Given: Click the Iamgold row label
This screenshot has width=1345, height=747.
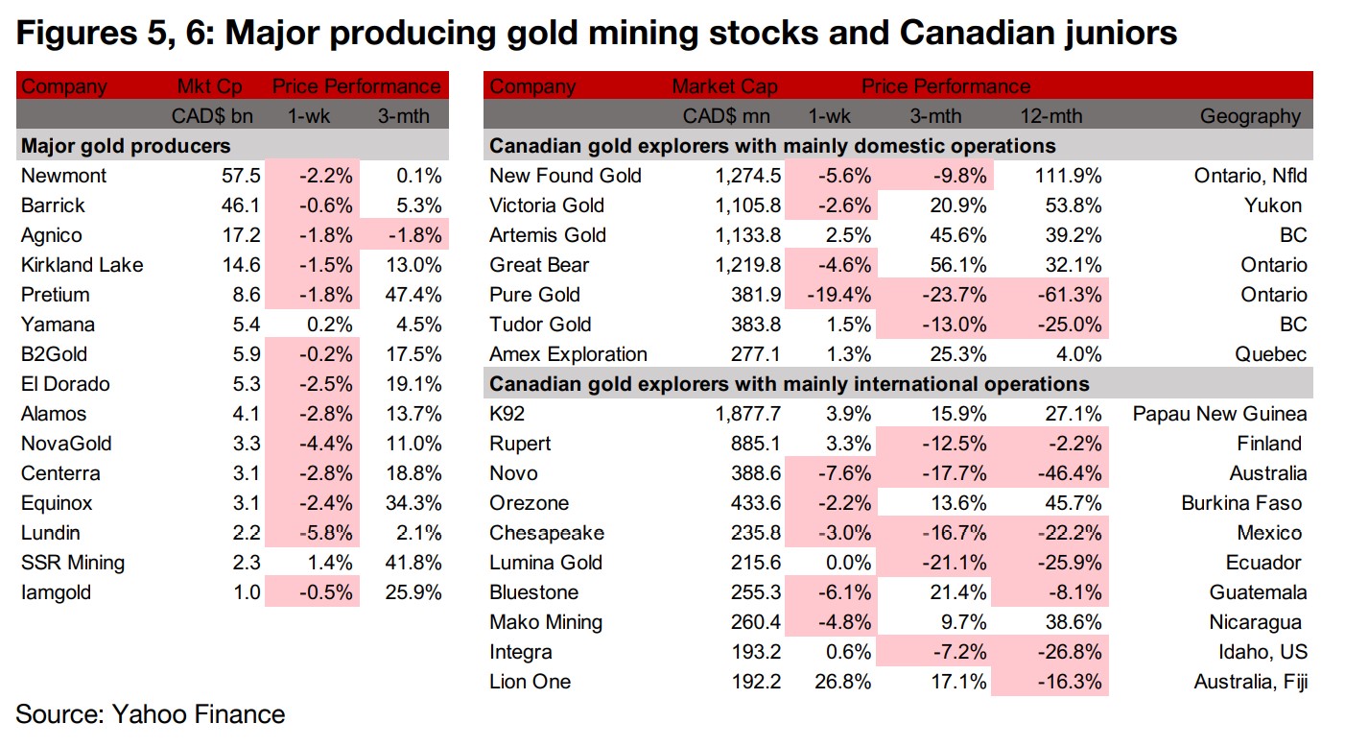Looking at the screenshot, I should pos(57,592).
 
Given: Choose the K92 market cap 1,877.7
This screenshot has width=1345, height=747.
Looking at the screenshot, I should pos(743,414).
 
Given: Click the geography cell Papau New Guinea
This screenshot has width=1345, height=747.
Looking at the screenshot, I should pos(1219,414).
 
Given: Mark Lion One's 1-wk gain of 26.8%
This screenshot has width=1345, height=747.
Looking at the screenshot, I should pos(841,682).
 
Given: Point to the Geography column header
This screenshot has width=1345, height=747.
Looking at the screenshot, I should pos(1250,117).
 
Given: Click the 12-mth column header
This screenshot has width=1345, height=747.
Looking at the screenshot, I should pos(1051,117).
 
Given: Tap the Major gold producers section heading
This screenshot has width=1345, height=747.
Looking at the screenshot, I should pos(126,147).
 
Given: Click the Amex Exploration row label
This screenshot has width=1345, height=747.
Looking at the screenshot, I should pos(568,354).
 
